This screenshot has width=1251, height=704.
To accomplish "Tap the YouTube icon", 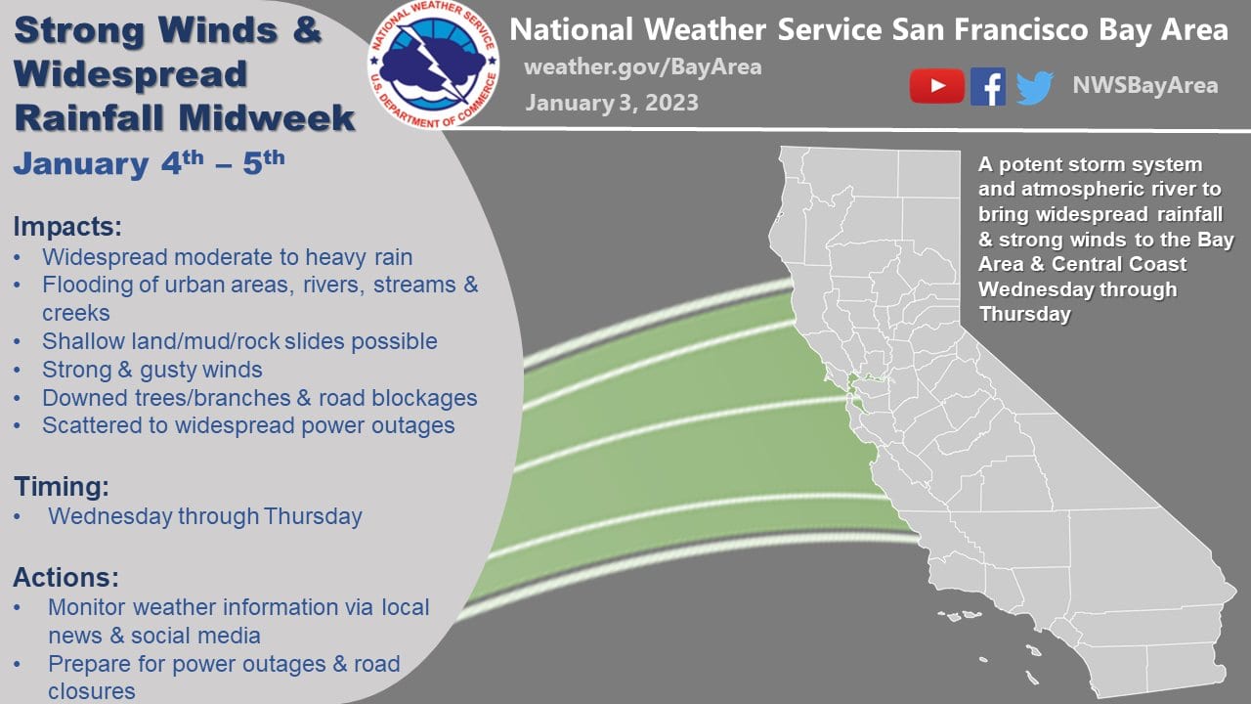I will tap(936, 86).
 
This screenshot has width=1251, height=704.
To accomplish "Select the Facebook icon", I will tap(988, 86).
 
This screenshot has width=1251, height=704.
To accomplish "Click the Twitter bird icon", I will tap(1035, 87).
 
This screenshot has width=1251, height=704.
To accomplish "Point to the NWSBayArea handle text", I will tap(1144, 85).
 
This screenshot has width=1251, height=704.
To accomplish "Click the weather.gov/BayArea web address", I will tap(642, 67).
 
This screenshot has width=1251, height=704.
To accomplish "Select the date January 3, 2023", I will tap(612, 102).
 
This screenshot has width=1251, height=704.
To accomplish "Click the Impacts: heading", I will tap(67, 227).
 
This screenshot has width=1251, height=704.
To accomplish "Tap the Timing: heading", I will tap(61, 486).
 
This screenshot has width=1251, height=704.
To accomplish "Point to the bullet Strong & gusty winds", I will tap(152, 370).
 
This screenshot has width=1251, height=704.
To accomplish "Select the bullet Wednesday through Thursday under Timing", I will tap(204, 516).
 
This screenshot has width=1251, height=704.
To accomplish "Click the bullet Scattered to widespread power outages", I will tap(248, 425).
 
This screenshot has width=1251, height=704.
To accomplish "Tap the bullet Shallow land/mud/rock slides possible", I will tap(239, 341).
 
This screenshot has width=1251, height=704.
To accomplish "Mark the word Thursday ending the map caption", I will tap(1024, 315).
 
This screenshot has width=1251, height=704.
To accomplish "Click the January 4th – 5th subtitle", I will tap(149, 162).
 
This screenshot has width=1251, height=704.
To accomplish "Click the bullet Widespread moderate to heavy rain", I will tap(227, 257).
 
